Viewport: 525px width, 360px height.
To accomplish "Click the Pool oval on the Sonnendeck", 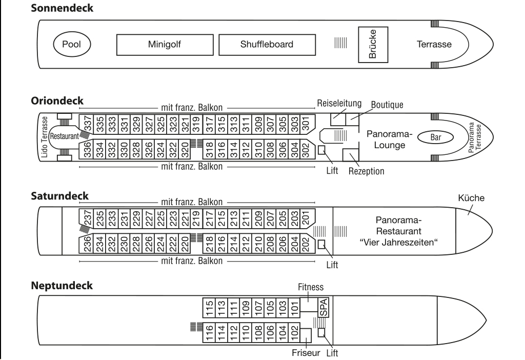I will [72, 44].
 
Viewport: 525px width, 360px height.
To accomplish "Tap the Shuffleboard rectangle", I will [267, 44].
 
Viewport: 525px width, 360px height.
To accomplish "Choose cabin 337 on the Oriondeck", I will [88, 123].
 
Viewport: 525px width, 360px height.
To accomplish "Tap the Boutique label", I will [387, 104].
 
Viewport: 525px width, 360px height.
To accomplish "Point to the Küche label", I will [472, 197].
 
